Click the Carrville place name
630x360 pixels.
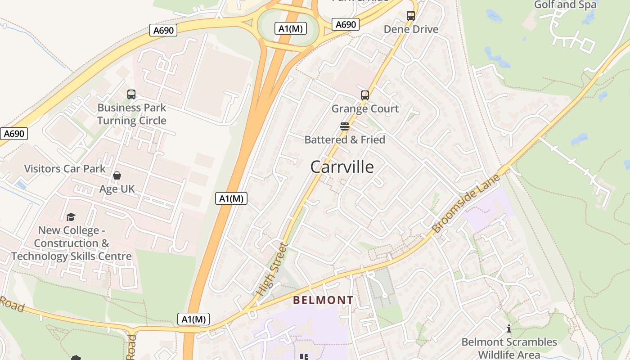point(342,167)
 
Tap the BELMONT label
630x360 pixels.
point(323,300)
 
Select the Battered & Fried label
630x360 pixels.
point(345,139)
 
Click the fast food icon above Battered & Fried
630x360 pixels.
point(345,126)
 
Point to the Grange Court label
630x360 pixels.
point(365,108)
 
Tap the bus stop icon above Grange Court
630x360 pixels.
point(365,95)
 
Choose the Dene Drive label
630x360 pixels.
point(411,29)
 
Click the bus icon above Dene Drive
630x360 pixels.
point(411,16)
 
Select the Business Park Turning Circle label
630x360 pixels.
point(132,114)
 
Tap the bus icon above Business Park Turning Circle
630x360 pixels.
point(131,94)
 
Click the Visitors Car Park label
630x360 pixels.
point(65,169)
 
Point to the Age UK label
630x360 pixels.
point(117,189)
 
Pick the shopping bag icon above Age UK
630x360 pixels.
point(117,175)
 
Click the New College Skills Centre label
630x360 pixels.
point(72,243)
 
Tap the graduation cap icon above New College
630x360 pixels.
point(71,218)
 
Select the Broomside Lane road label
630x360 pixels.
point(466,204)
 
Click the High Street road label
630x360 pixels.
point(271,269)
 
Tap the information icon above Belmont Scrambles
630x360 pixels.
point(509,328)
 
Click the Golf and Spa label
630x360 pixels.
point(565,5)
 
